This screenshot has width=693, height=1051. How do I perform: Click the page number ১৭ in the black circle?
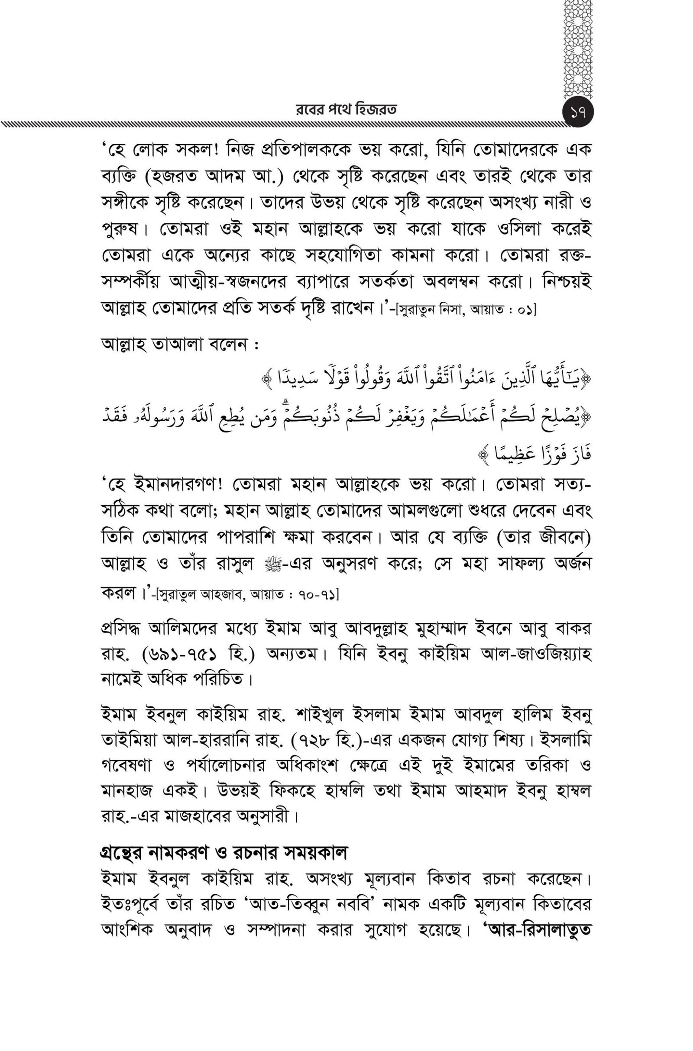click(x=579, y=113)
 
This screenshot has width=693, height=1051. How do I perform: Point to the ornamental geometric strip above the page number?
click(x=580, y=48)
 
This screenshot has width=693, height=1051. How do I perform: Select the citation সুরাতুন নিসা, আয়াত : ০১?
click(x=466, y=310)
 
